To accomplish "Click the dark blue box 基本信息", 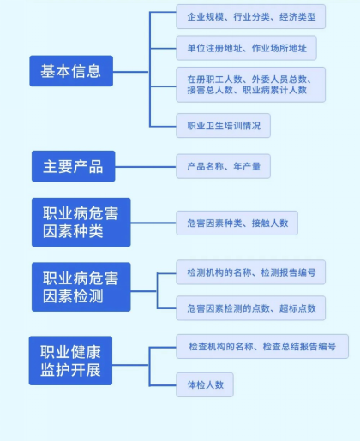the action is tap(71, 71).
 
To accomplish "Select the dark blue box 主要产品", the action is tap(74, 166).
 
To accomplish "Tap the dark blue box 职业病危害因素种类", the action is tap(81, 222).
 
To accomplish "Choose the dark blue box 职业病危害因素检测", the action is tap(81, 287).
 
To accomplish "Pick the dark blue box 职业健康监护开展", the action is tap(70, 361).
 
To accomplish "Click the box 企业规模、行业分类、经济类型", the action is tap(251, 16).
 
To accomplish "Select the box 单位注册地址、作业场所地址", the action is tap(246, 48).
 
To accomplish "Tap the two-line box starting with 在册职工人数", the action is tap(251, 85).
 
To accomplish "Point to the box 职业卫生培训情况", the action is tap(224, 126).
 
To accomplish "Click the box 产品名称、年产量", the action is tap(224, 166).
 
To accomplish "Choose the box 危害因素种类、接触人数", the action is tap(237, 223).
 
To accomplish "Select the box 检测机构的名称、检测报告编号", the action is tap(251, 272).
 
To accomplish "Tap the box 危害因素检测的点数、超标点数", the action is tap(251, 308).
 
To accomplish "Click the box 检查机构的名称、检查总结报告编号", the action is tap(262, 346).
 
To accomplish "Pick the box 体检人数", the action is tap(205, 384).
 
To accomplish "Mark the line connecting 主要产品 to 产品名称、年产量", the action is tap(146, 167).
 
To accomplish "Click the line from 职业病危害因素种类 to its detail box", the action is tap(153, 223).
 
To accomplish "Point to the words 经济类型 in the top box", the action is tap(297, 17).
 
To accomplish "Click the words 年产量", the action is tap(247, 166).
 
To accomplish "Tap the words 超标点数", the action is tap(297, 308).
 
